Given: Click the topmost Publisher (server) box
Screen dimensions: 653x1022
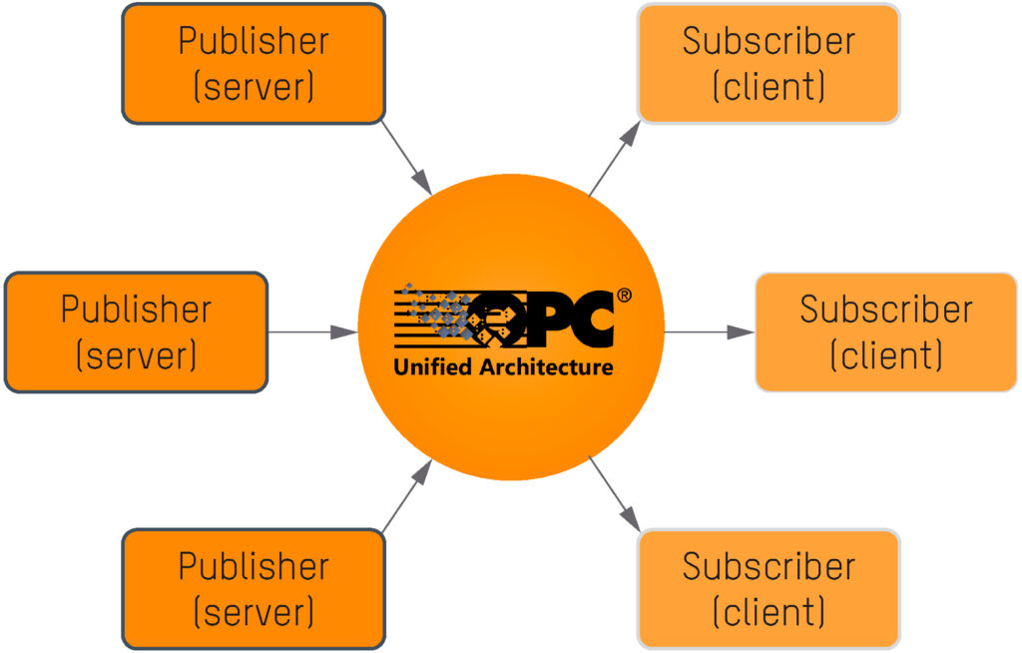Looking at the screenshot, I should (x=254, y=64).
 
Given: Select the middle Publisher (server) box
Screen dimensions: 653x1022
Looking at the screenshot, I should (x=137, y=331).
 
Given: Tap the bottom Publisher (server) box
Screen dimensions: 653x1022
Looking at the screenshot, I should (x=254, y=589).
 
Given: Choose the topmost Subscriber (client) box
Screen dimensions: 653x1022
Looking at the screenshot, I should (x=768, y=64).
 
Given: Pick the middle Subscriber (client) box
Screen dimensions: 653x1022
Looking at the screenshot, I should (x=886, y=331).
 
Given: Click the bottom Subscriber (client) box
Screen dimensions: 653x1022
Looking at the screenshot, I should (x=768, y=589).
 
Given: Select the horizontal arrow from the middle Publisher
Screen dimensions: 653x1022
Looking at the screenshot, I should (x=312, y=331).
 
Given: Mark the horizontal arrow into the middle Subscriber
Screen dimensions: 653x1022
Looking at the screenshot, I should (x=709, y=331).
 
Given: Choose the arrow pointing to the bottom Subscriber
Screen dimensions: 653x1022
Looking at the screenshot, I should (x=614, y=495).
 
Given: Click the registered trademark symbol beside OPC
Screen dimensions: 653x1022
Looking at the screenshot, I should (x=624, y=296).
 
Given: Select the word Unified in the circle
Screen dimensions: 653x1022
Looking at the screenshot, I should (x=433, y=367).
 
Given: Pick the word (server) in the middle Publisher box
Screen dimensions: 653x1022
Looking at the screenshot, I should (x=137, y=354).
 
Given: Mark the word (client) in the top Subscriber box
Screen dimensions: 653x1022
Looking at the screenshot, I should (x=768, y=87).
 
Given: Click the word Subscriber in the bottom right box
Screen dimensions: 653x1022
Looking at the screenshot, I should (x=768, y=566).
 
